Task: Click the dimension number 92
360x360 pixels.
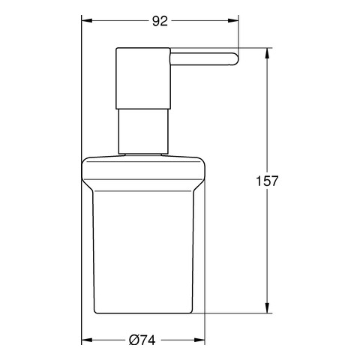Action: pyautogui.click(x=160, y=21)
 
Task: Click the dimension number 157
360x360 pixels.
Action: pyautogui.click(x=267, y=181)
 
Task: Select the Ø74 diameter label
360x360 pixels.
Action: pyautogui.click(x=142, y=340)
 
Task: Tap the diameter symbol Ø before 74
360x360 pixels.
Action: pyautogui.click(x=134, y=340)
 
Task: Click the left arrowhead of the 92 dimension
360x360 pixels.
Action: pyautogui.click(x=87, y=20)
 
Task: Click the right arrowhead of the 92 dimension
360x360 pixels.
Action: pyautogui.click(x=233, y=20)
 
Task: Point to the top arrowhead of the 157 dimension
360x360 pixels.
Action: pyautogui.click(x=267, y=53)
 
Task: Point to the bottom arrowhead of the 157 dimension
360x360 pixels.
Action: pyautogui.click(x=267, y=307)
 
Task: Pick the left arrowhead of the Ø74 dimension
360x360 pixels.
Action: pyautogui.click(x=87, y=340)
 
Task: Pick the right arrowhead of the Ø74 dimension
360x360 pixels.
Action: pyautogui.click(x=199, y=340)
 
